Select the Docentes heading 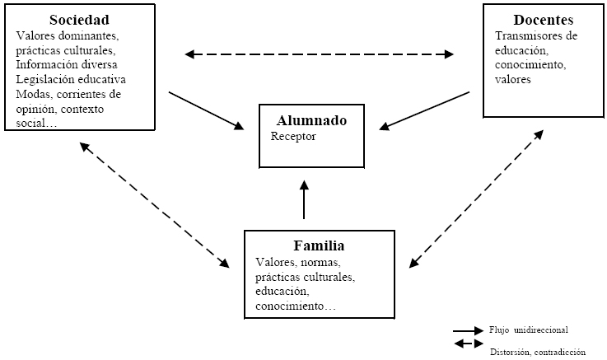(x=543, y=20)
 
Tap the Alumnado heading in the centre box (x=312, y=120)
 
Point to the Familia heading (x=319, y=245)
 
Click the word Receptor (x=293, y=135)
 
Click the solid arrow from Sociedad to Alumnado (x=207, y=110)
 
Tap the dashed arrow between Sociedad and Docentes (x=319, y=55)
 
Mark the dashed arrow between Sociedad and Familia (x=154, y=205)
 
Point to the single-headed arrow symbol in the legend (x=468, y=330)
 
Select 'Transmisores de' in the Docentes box (x=537, y=35)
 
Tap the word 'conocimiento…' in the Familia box (x=295, y=306)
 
